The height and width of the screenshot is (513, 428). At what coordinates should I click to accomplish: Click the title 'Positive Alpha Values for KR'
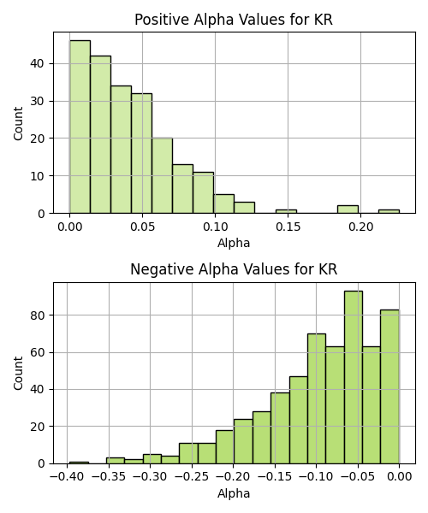234,20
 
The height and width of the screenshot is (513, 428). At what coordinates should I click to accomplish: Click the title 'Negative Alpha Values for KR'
234,269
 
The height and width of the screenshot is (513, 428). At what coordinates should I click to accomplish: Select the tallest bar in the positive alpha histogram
80,127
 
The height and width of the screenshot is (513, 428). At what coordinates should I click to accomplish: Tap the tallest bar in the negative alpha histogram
354,377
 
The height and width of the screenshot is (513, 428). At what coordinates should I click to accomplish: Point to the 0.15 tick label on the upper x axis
288,227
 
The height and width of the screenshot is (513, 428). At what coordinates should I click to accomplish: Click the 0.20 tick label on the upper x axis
360,227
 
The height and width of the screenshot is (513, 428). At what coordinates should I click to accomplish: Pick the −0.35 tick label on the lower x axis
109,477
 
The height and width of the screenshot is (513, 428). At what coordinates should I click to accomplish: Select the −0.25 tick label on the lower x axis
192,477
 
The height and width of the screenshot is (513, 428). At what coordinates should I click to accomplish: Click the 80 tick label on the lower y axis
37,315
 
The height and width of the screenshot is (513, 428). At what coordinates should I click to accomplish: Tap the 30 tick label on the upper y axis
37,101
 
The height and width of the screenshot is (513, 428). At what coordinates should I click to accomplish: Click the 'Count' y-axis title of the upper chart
18,124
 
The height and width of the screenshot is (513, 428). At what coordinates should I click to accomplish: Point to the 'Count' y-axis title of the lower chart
18,374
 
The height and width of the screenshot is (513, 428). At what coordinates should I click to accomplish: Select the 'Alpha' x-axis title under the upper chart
234,243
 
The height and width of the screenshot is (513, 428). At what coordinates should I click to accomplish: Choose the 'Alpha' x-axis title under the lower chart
234,493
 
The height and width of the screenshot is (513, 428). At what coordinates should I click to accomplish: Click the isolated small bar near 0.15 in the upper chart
286,211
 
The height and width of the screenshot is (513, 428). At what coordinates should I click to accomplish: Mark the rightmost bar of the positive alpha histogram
389,211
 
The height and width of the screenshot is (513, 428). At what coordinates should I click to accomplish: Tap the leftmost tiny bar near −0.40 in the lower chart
79,463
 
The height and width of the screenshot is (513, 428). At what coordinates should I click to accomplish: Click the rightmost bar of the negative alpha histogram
389,386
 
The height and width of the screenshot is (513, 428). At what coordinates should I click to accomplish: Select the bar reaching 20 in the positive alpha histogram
162,175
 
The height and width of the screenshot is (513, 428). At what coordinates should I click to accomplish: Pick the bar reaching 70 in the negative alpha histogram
317,398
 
